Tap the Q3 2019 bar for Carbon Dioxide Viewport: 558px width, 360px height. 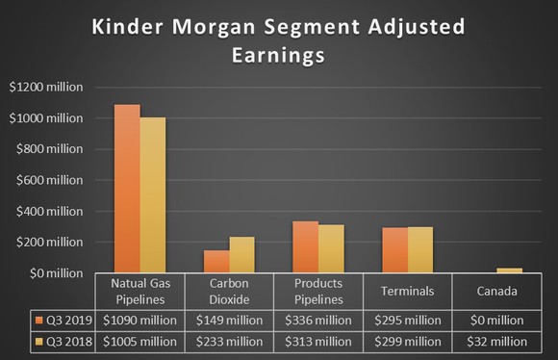pyautogui.click(x=216, y=262)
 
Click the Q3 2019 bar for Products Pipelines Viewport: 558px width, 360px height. pyautogui.click(x=305, y=247)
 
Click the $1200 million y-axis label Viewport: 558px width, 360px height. pyautogui.click(x=45, y=87)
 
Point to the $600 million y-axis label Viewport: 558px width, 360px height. pyautogui.click(x=48, y=180)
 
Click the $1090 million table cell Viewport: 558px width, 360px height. pyautogui.click(x=140, y=321)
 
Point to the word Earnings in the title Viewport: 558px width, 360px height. pyautogui.click(x=279, y=56)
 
